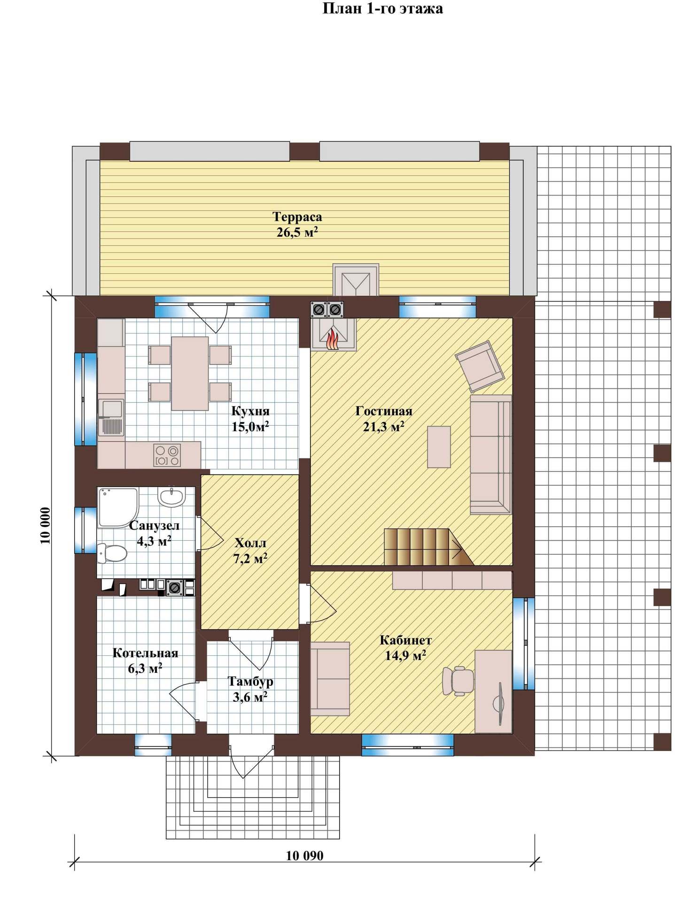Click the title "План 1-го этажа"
(x=382, y=8)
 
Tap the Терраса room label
(x=297, y=217)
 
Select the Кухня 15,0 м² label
(x=250, y=419)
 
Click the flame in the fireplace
(x=332, y=339)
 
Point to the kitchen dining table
(x=190, y=373)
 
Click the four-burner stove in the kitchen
(x=167, y=455)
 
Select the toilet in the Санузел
(x=112, y=552)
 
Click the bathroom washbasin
(x=171, y=497)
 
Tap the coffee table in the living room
(x=439, y=447)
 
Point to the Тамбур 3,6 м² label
(x=250, y=689)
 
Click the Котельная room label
(x=146, y=653)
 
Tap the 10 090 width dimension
(x=305, y=855)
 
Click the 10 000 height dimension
(x=46, y=525)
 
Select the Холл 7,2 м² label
(x=250, y=551)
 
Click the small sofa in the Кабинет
(x=330, y=679)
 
